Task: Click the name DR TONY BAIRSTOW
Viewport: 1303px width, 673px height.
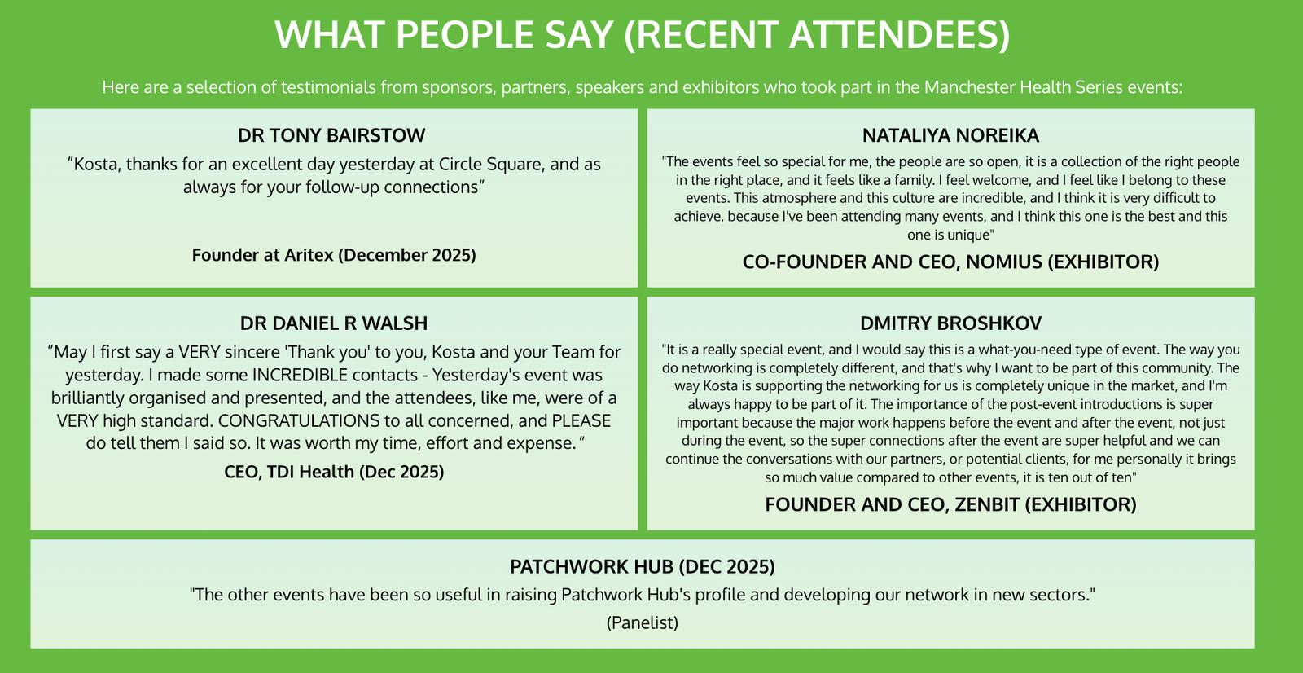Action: point(331,135)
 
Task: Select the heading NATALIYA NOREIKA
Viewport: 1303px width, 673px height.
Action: point(950,135)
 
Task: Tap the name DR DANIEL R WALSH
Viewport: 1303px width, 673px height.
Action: point(334,323)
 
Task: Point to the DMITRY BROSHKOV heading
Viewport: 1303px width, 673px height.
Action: point(951,323)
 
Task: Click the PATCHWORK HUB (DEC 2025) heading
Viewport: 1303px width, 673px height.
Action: point(643,566)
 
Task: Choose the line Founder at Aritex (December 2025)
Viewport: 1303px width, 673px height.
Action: point(334,255)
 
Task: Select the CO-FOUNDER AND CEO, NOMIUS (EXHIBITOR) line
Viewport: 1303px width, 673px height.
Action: point(950,262)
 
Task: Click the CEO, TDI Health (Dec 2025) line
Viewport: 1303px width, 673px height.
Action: point(334,472)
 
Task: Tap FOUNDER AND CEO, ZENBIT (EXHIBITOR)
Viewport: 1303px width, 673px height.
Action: point(950,504)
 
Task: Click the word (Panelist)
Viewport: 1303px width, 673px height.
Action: point(643,623)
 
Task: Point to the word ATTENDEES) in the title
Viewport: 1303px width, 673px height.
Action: point(900,34)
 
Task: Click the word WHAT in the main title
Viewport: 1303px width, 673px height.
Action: point(329,34)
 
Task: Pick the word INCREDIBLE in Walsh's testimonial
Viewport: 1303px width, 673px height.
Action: point(299,375)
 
